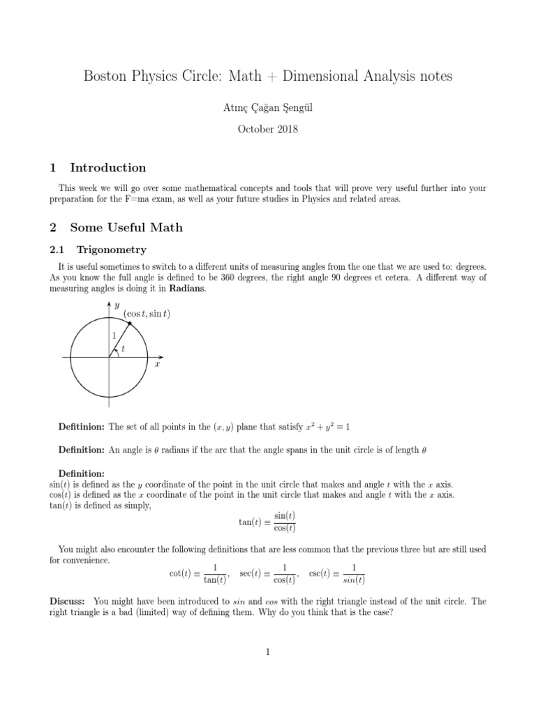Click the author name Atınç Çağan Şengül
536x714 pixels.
point(267,107)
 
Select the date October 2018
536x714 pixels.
point(267,130)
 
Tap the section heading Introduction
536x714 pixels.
point(108,167)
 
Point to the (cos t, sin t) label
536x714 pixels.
point(147,314)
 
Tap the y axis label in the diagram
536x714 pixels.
point(117,305)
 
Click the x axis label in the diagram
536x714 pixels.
point(158,364)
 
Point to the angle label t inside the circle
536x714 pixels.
point(124,348)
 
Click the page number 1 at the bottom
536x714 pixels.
point(267,652)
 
